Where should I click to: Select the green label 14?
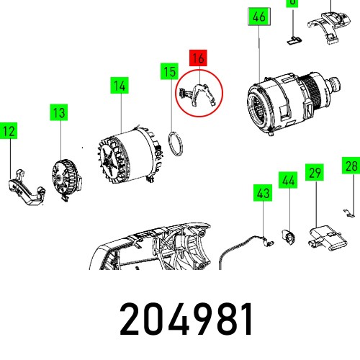119,86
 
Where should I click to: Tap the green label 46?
258,18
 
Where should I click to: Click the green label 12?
9,131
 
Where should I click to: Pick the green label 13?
58,112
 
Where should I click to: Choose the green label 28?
351,166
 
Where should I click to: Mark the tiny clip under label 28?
348,212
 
